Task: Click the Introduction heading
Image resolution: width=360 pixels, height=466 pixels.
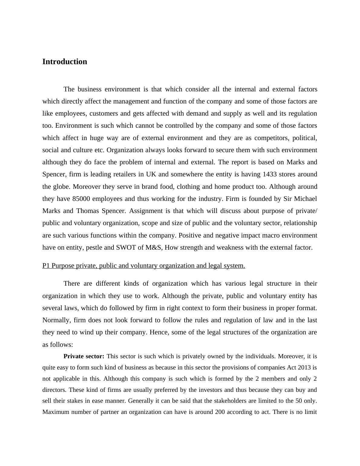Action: coord(65,62)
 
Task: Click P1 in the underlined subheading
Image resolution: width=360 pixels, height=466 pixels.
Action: coord(46,266)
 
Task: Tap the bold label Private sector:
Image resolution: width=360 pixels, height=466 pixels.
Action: coord(84,356)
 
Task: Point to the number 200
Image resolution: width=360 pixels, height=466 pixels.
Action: coord(220,412)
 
